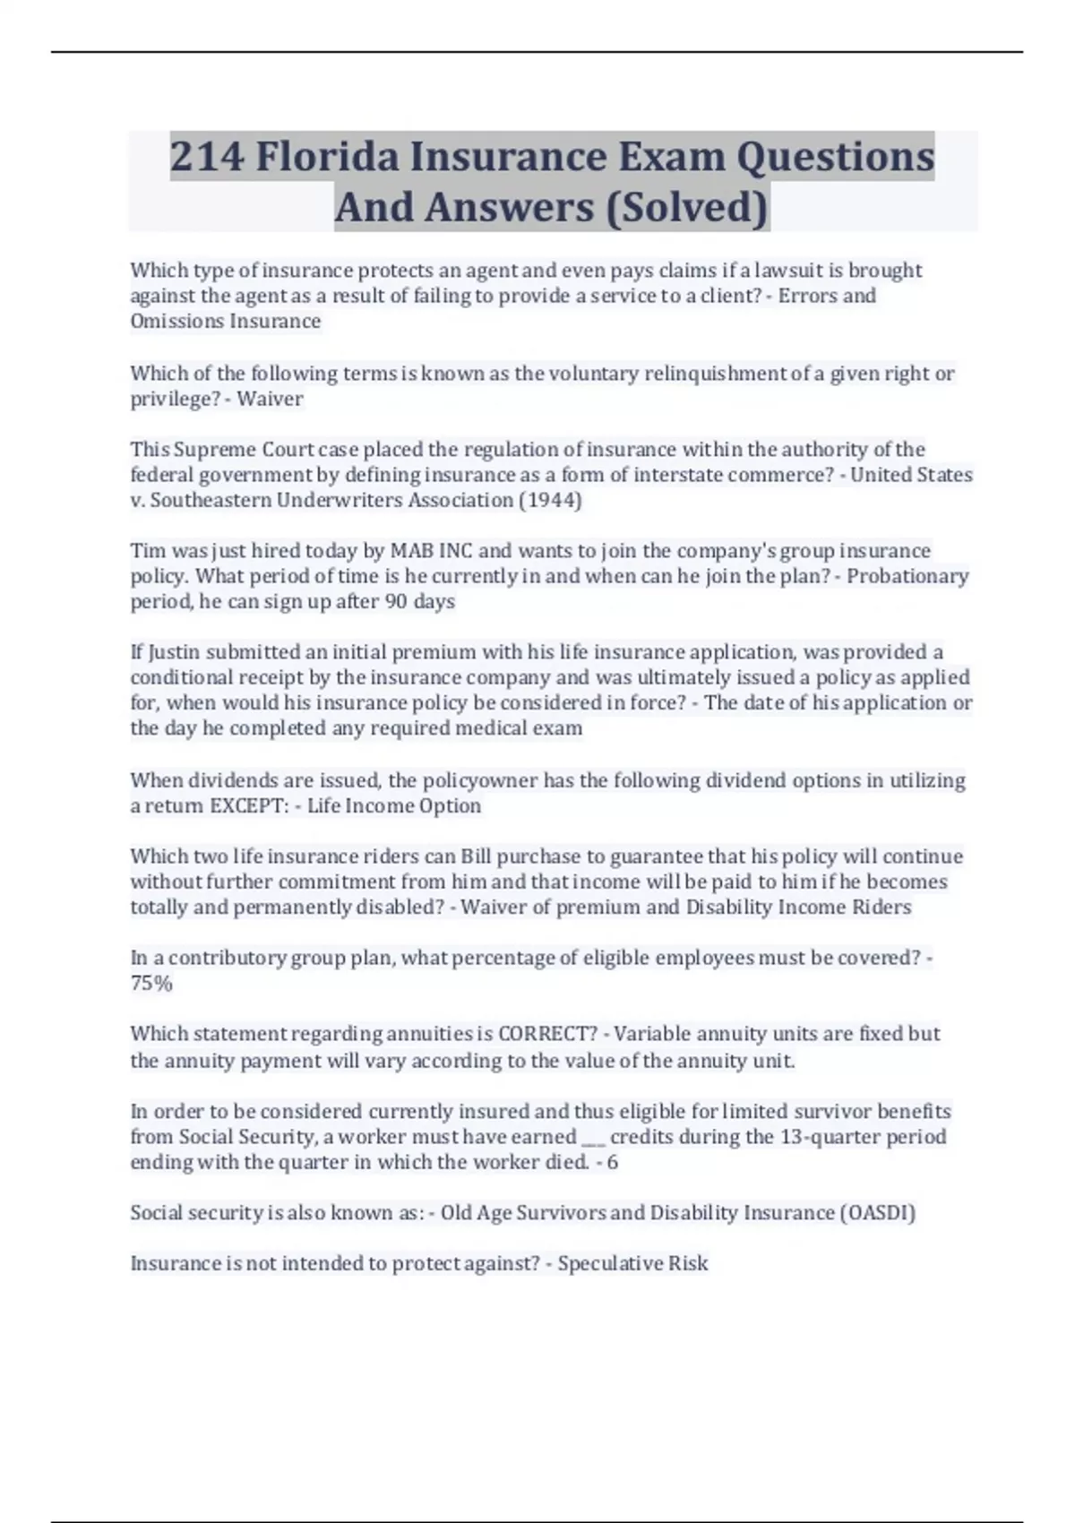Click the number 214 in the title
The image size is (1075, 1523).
[x=207, y=157]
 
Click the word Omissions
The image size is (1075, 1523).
[x=176, y=321]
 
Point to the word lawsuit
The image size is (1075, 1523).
[x=792, y=271]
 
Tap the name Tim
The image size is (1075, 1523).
[x=147, y=550]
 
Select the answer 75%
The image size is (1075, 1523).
[x=150, y=983]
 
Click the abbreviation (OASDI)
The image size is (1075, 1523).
[x=877, y=1213]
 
